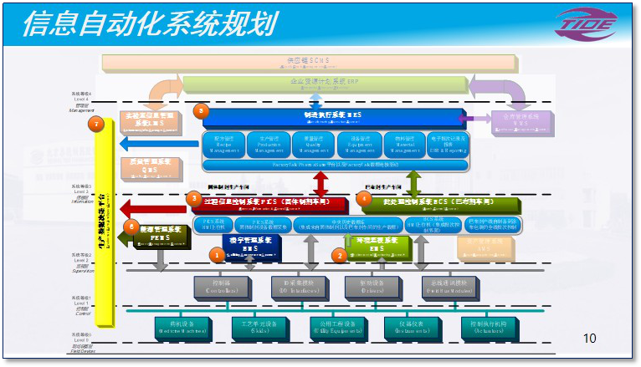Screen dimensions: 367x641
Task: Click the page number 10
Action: tap(590, 339)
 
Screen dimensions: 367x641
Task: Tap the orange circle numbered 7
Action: tap(98, 125)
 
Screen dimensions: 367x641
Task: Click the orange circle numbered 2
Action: tap(339, 255)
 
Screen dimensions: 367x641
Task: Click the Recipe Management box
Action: tap(223, 145)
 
